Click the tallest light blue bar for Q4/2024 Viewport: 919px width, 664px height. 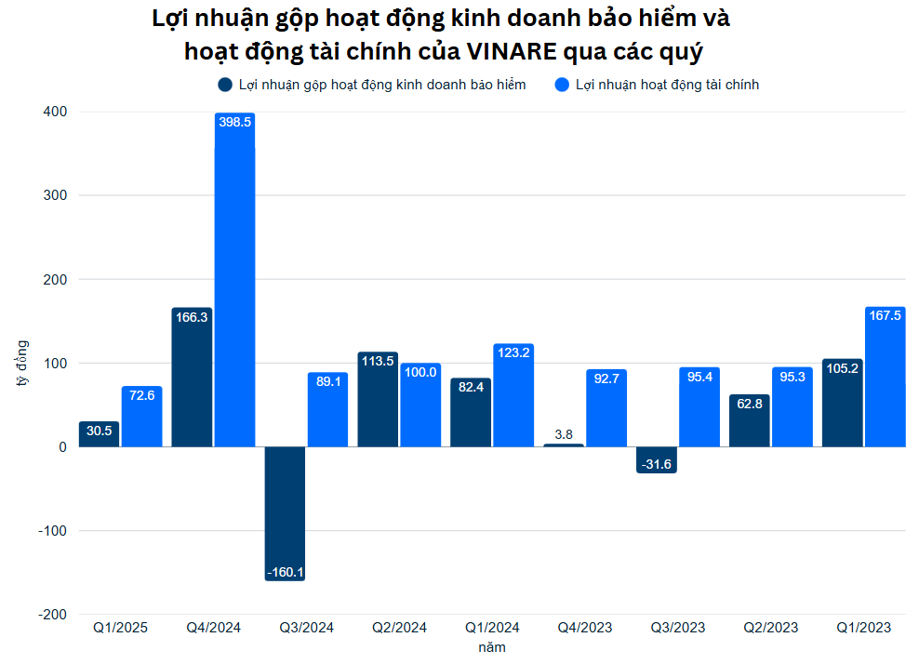click(234, 279)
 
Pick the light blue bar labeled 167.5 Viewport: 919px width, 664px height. click(885, 377)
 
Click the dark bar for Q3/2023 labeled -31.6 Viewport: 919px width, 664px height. click(657, 459)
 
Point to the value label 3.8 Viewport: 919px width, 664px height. click(564, 434)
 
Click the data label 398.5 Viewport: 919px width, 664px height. click(234, 122)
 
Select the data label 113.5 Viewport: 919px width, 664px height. click(378, 361)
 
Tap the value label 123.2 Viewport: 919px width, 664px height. click(513, 352)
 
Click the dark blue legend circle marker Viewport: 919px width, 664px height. click(225, 85)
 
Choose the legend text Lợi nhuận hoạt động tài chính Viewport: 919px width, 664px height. click(667, 85)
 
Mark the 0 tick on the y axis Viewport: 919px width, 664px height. click(62, 447)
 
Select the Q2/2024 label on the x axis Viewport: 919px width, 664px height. click(399, 628)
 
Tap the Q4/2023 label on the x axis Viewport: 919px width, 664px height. click(585, 628)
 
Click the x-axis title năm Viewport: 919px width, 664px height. click(492, 647)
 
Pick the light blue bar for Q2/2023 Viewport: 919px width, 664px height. click(792, 406)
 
